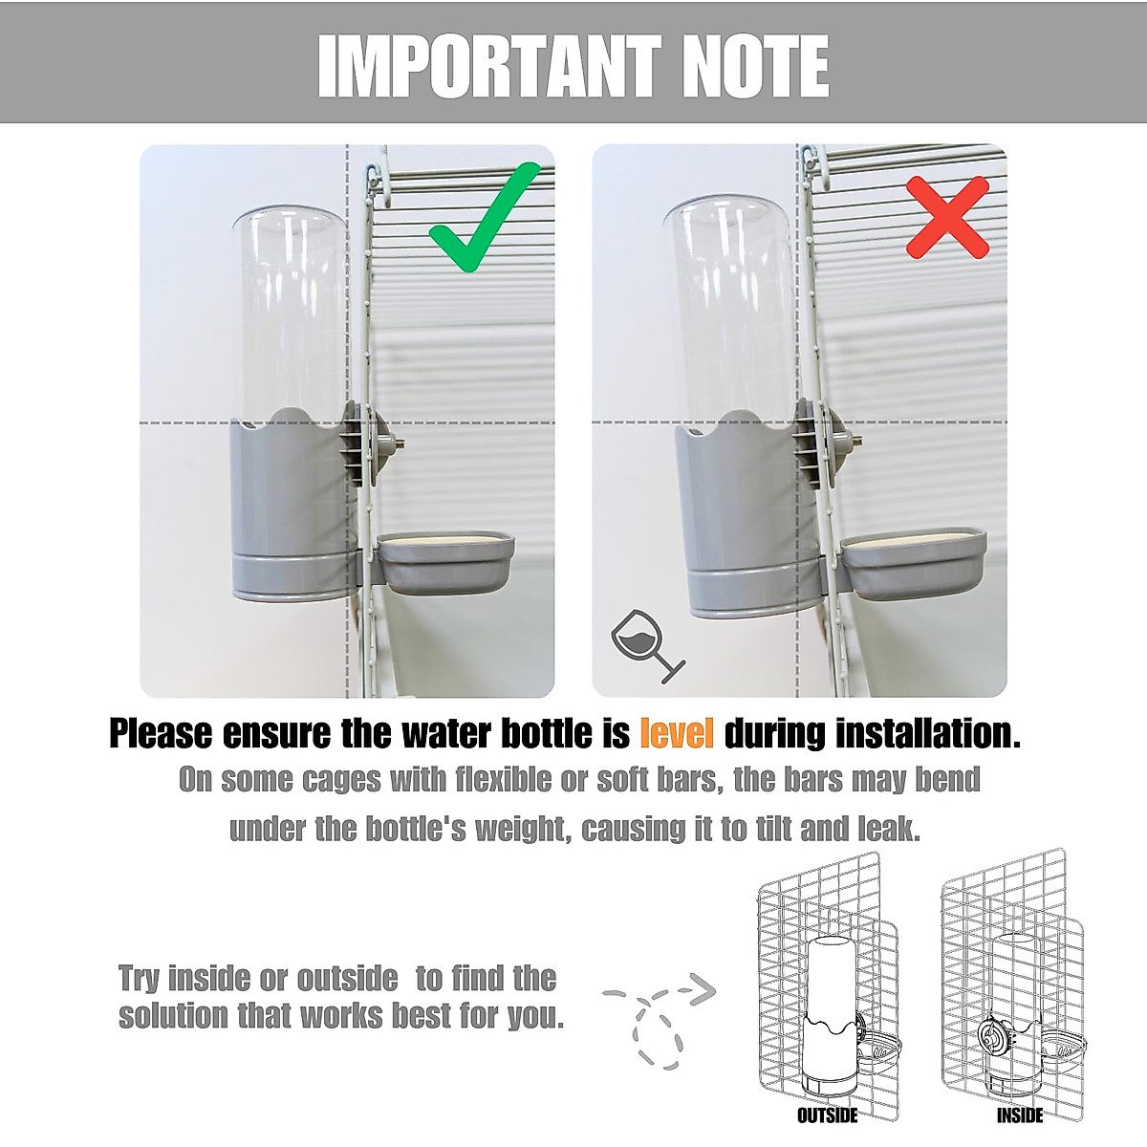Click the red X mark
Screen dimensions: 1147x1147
point(946,218)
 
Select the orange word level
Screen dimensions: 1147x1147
point(677,734)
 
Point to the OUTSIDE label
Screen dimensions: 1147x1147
point(828,1115)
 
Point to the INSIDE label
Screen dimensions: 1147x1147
point(1019,1115)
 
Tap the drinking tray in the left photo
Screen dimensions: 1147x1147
point(446,564)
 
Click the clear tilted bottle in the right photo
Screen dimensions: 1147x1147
point(729,306)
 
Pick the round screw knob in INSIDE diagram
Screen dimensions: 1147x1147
point(997,1038)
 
